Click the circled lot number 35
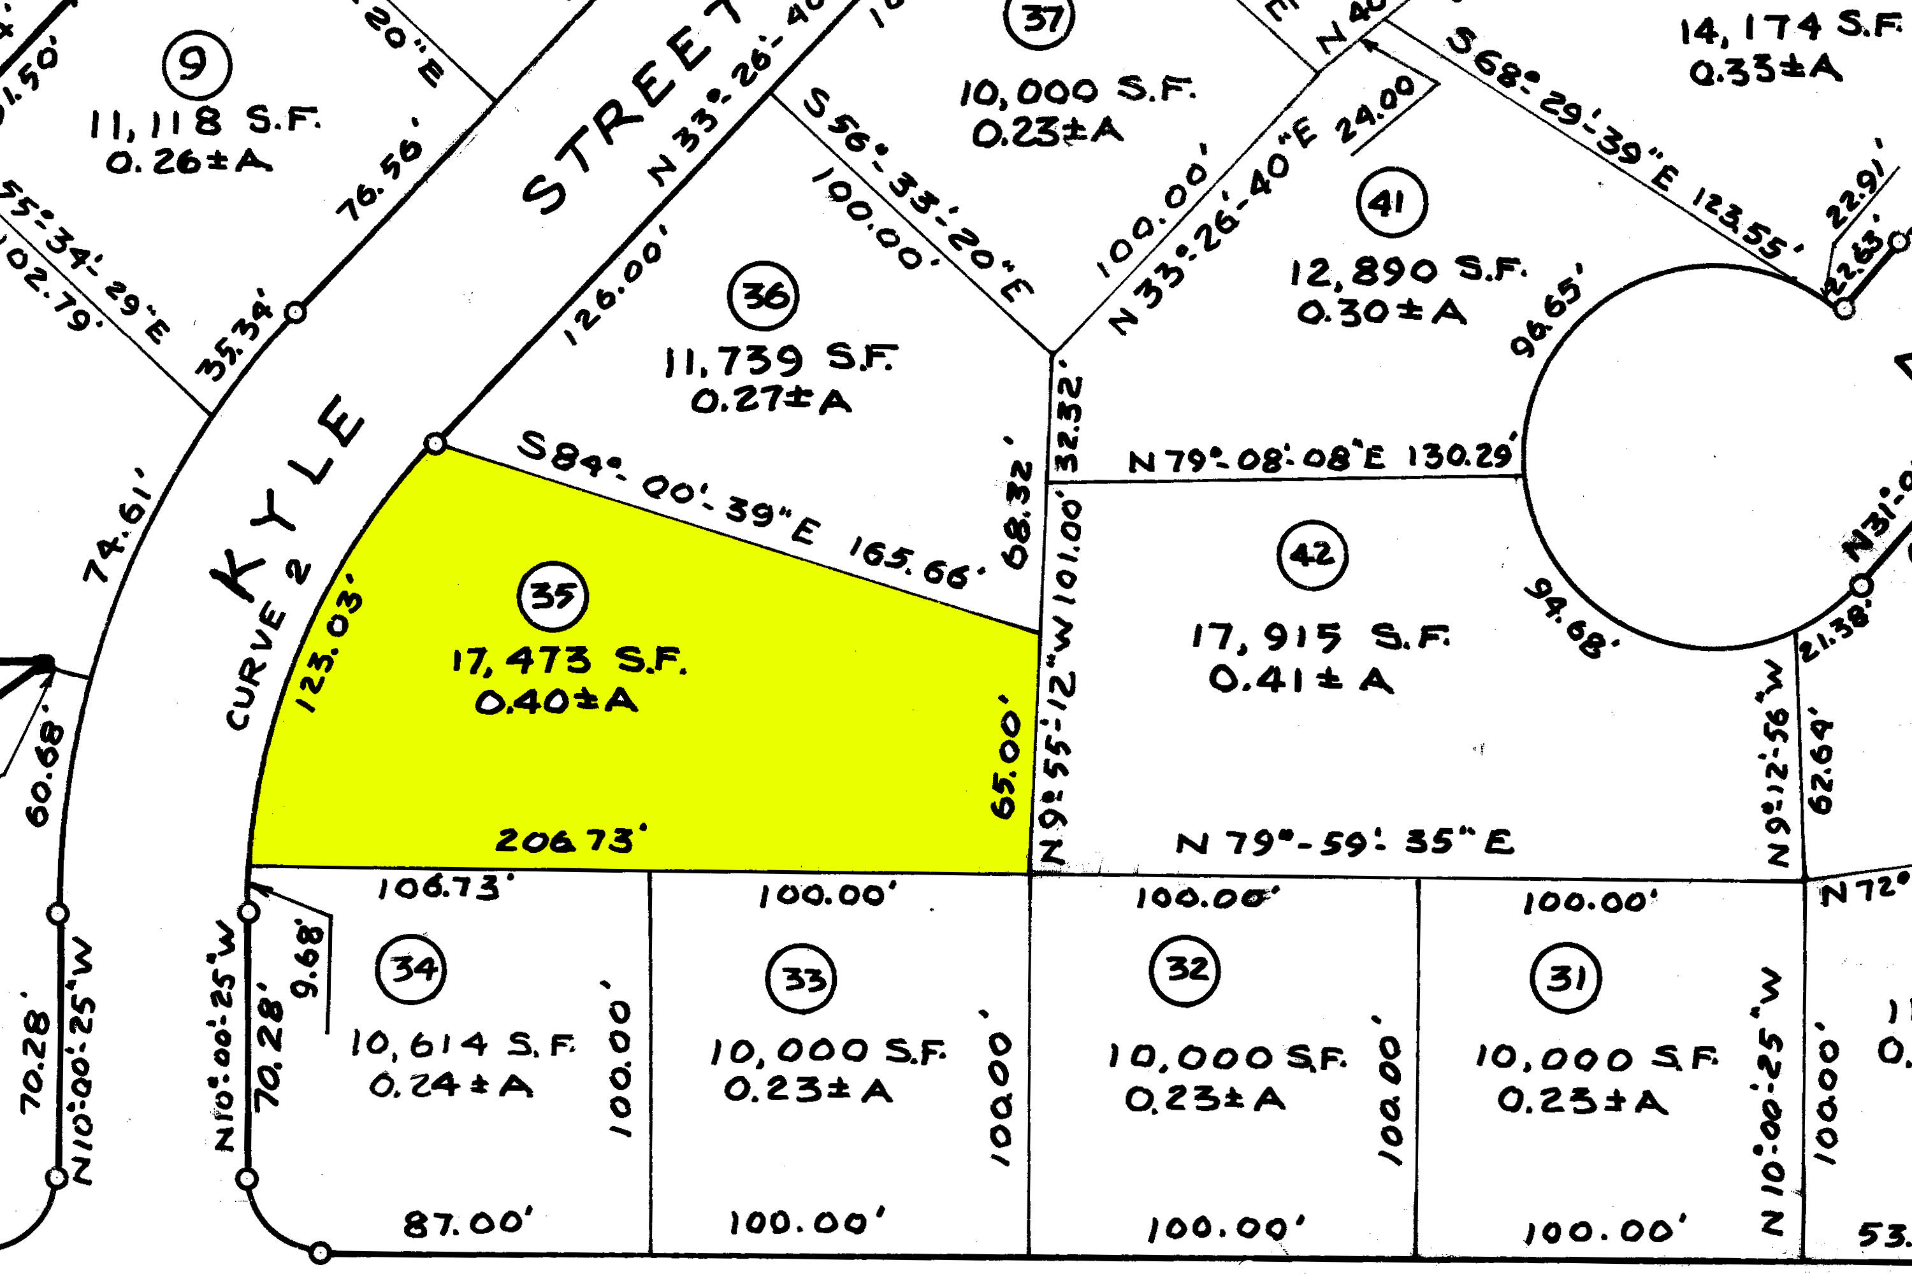coord(553,596)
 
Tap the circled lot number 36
coord(764,296)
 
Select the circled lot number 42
coord(1312,555)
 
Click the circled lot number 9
coord(197,64)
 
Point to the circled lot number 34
coord(410,968)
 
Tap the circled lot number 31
coord(1565,977)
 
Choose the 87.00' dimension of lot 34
coord(467,1223)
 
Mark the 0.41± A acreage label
coord(1301,678)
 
